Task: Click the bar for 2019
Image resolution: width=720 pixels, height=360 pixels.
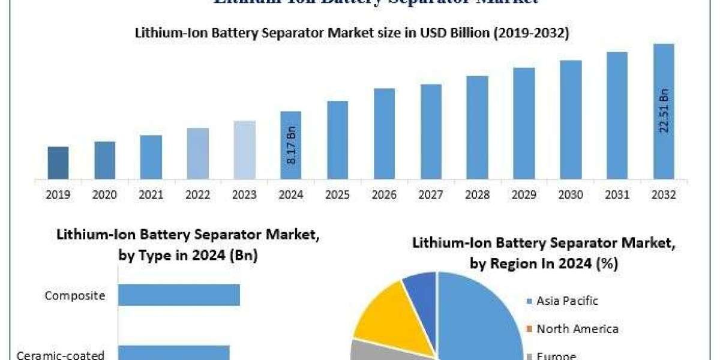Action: click(58, 163)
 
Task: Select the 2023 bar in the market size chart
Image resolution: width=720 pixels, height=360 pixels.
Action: click(244, 150)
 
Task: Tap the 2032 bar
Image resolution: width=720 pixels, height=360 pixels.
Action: click(664, 111)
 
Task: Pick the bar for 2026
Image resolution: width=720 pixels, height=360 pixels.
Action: click(384, 134)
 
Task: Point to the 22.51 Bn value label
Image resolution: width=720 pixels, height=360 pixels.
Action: click(664, 111)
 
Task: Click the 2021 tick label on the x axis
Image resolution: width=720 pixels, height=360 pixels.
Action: click(151, 195)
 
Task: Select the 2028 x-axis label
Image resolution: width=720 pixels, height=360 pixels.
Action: click(477, 195)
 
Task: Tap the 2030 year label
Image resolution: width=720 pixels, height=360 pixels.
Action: click(571, 195)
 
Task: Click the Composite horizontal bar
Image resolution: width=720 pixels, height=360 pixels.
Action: click(179, 295)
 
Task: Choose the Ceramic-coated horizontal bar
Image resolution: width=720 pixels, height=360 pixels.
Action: click(174, 352)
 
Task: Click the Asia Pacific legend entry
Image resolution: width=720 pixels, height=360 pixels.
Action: click(562, 301)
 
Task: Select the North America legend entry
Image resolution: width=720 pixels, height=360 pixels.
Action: click(572, 329)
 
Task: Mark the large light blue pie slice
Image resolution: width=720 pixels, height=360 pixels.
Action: click(480, 318)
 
